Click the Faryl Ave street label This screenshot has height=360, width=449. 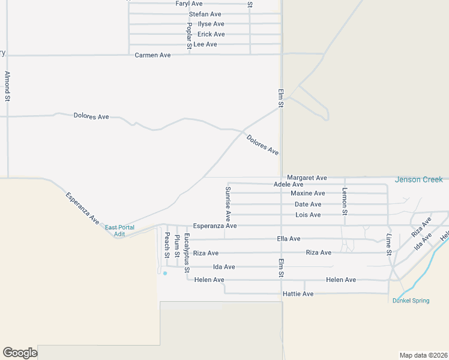[189, 4]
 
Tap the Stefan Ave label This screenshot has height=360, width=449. [205, 14]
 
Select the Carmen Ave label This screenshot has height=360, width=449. [152, 55]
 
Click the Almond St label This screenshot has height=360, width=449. [7, 86]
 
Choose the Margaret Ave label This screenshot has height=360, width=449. [307, 178]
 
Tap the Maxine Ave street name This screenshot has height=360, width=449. [307, 193]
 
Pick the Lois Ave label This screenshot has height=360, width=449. [307, 215]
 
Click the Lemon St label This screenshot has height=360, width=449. [345, 201]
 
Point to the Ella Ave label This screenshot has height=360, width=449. [289, 239]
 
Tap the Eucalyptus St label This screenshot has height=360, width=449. [187, 253]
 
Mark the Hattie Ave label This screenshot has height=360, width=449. [298, 294]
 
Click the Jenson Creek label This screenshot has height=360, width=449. [418, 179]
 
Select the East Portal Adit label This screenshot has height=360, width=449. [119, 230]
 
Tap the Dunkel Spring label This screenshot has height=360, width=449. [411, 301]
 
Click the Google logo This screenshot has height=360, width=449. [20, 353]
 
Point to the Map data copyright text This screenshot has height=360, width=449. [423, 355]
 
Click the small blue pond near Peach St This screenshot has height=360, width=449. [165, 273]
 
